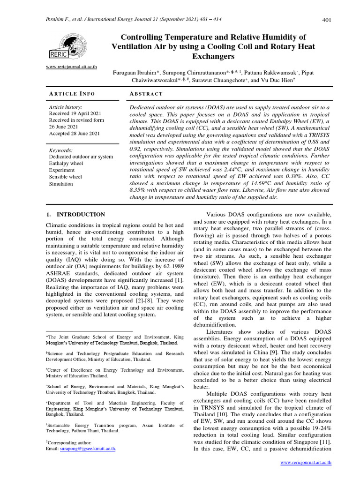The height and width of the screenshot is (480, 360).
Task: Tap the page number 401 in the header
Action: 327,19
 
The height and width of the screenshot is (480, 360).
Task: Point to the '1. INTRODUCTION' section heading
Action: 75,214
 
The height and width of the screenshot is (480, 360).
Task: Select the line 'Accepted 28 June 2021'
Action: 75,134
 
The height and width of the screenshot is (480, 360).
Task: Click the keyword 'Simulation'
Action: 61,184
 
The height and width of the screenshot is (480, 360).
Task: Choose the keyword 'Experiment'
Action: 63,170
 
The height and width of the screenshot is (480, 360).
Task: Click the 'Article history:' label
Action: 66,107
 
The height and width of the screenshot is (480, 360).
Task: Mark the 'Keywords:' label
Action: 62,150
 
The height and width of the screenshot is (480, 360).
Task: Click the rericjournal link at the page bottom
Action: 306,462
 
